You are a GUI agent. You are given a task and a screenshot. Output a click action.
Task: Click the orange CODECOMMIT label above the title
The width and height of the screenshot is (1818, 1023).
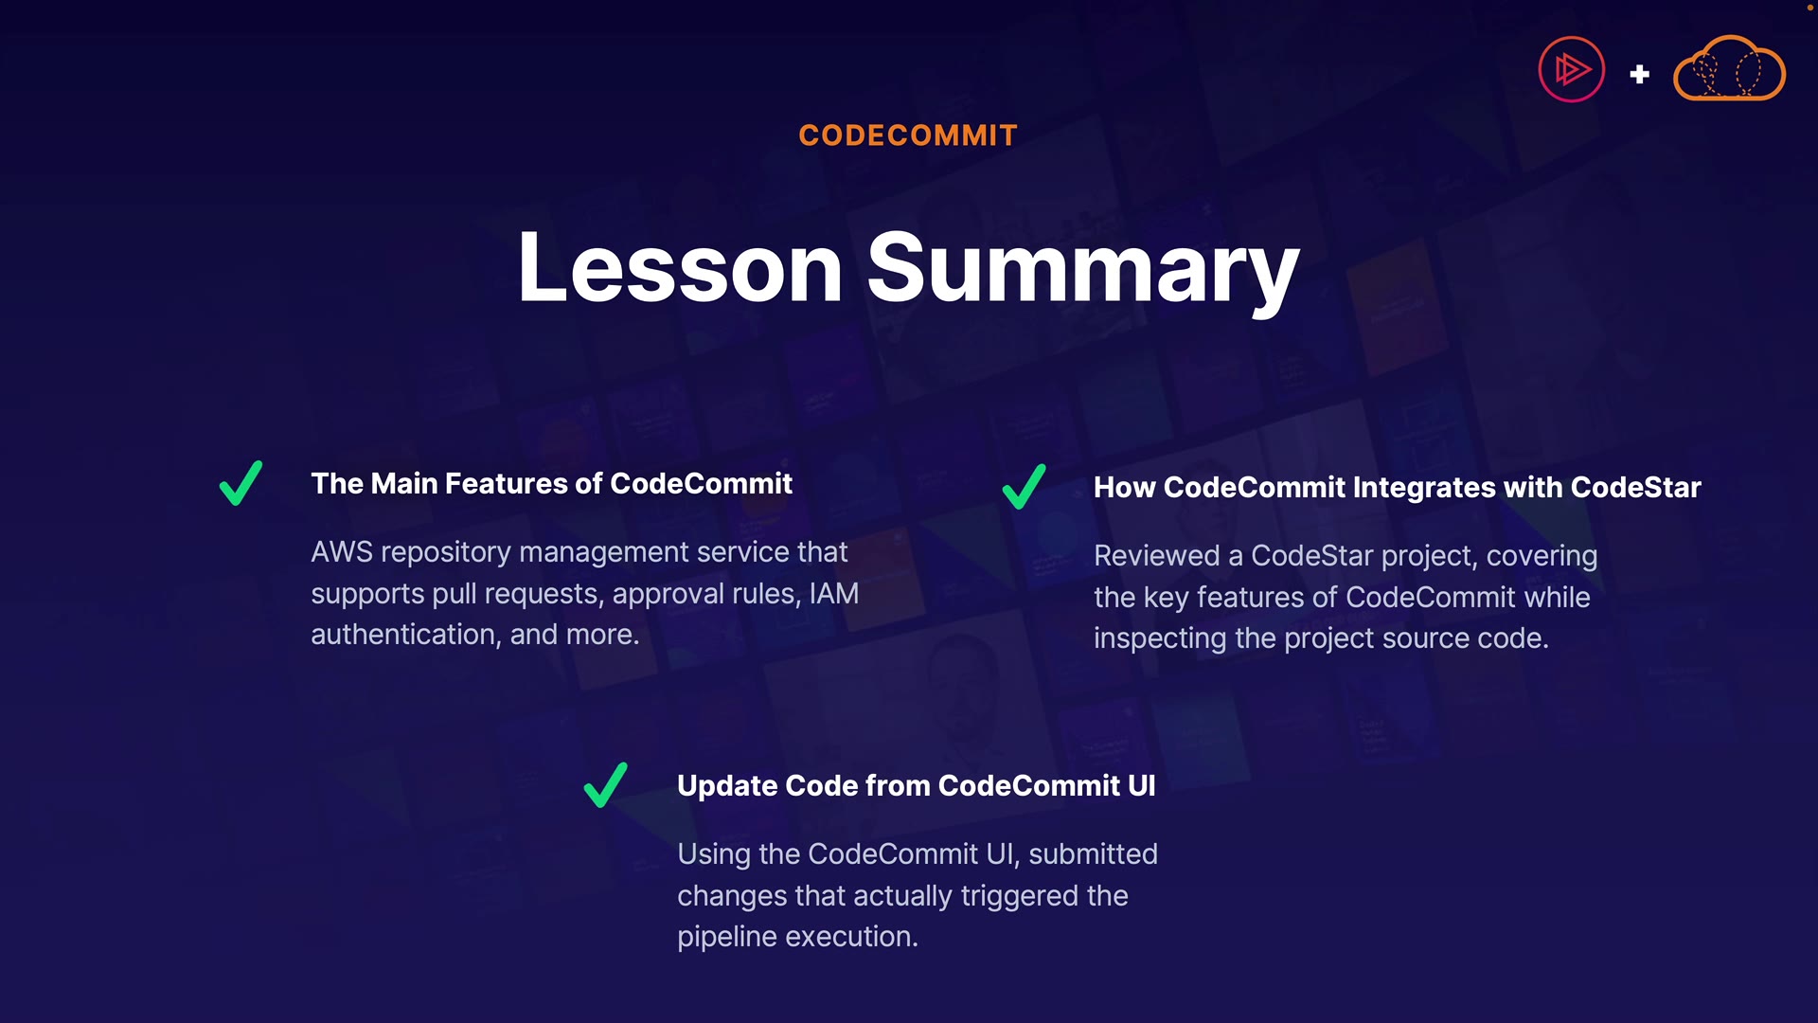click(908, 135)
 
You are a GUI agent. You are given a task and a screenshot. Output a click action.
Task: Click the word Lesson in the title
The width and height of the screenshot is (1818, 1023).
click(680, 268)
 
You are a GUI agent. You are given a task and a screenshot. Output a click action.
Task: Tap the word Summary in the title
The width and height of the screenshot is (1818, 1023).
click(1083, 272)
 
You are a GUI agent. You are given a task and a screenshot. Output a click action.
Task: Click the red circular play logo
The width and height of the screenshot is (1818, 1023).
click(1572, 69)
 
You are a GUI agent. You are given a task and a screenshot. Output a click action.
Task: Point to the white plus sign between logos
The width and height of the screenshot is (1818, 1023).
click(1640, 74)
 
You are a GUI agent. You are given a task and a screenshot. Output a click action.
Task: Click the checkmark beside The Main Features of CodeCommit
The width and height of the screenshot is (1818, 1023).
click(241, 484)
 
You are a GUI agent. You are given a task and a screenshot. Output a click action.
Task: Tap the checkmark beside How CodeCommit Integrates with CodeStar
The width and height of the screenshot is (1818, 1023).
click(1024, 487)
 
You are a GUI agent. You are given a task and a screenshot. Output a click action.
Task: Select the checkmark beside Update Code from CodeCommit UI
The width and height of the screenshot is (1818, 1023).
click(606, 785)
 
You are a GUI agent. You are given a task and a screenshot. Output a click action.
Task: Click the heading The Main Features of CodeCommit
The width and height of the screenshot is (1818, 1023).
click(551, 484)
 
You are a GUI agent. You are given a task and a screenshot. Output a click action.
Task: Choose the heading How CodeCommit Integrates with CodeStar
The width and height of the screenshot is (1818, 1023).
click(1397, 488)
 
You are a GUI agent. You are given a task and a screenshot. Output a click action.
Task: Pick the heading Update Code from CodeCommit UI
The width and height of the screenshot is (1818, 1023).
click(916, 786)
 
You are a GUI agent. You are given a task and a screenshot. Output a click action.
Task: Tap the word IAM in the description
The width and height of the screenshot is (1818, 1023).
click(833, 594)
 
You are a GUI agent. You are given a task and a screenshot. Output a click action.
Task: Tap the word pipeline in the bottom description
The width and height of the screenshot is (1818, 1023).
click(727, 938)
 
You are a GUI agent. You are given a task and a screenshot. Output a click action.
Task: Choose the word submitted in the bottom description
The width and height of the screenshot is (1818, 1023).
click(1093, 854)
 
